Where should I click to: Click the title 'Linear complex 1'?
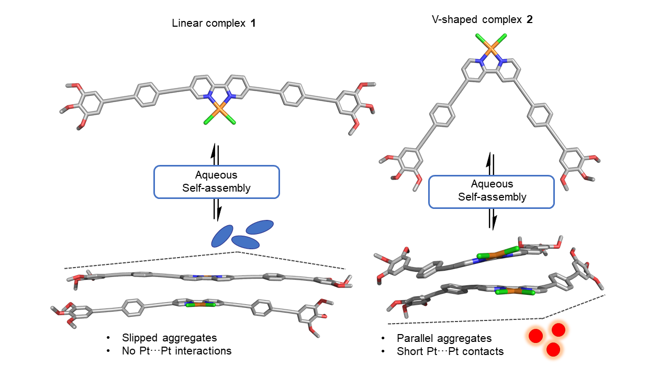tap(214, 24)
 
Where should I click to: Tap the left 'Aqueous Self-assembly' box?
tap(217, 182)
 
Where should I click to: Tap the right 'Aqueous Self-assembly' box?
tap(492, 191)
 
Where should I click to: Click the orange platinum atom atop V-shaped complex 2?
tap(492, 50)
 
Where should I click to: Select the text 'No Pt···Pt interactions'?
tap(176, 351)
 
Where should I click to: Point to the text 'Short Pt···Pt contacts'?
tap(450, 351)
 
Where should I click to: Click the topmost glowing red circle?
tap(559, 330)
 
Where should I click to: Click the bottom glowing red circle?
tap(553, 349)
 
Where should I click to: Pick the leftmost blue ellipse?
tap(222, 236)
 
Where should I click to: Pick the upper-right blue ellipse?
tap(260, 227)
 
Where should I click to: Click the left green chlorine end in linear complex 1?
tap(208, 123)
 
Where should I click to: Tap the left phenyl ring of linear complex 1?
tap(147, 94)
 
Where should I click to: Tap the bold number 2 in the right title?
tap(530, 20)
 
